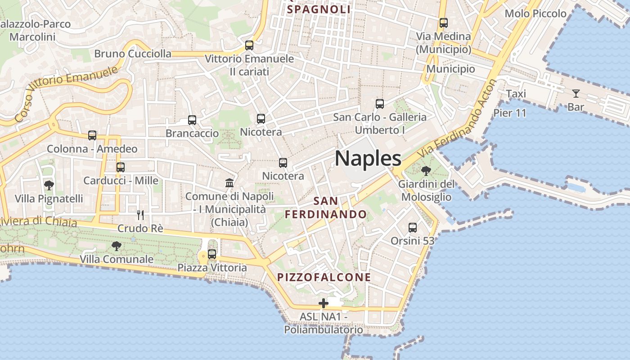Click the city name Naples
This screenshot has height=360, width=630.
[368, 158]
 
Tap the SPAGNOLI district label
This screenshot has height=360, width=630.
[319, 9]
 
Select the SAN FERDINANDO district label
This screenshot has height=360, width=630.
[326, 207]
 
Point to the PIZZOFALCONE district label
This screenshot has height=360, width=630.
[324, 277]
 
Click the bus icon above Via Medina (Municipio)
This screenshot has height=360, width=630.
[444, 22]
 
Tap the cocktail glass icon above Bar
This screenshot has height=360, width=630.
[576, 94]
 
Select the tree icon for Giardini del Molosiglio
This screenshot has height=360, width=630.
[426, 171]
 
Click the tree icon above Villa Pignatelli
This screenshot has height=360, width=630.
[49, 185]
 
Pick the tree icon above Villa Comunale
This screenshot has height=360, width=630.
[117, 246]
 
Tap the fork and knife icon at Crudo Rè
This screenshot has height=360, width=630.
[140, 215]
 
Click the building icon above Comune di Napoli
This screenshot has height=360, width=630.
[229, 183]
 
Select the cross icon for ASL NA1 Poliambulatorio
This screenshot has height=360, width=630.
[323, 304]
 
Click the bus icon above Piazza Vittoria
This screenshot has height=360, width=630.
[212, 254]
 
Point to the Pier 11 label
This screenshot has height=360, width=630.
[509, 113]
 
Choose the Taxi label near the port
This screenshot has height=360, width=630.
[516, 94]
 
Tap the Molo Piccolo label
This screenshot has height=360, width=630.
[535, 13]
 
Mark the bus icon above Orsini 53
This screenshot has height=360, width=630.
[412, 228]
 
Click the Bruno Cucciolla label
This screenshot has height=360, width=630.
[133, 54]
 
